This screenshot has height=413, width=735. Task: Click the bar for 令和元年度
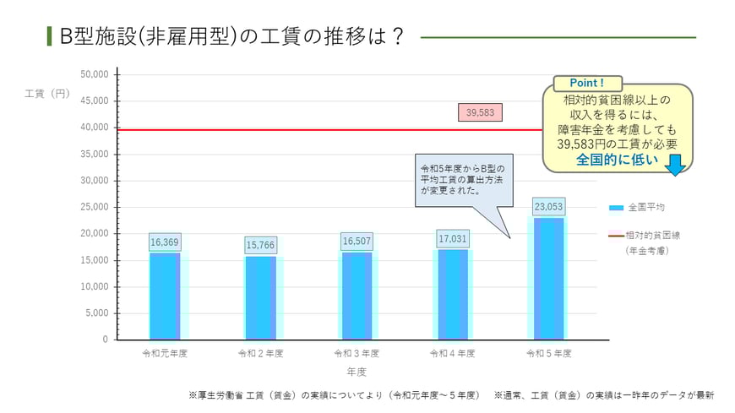coord(165,296)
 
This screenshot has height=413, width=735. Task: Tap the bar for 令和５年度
coord(548,279)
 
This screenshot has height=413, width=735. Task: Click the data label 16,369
coord(165,242)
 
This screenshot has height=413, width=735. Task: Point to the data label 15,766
coord(260,246)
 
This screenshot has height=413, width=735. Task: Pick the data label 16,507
coord(357,242)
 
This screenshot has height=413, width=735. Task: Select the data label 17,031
coord(453,239)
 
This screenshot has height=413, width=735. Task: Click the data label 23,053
coord(548,206)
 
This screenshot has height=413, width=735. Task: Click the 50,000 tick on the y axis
coord(94,74)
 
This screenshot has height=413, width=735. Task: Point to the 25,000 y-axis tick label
coord(94,207)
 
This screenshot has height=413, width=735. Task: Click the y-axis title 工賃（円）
coord(47,93)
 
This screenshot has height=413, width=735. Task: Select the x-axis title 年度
coord(356,371)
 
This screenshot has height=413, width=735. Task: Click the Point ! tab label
coord(587,83)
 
